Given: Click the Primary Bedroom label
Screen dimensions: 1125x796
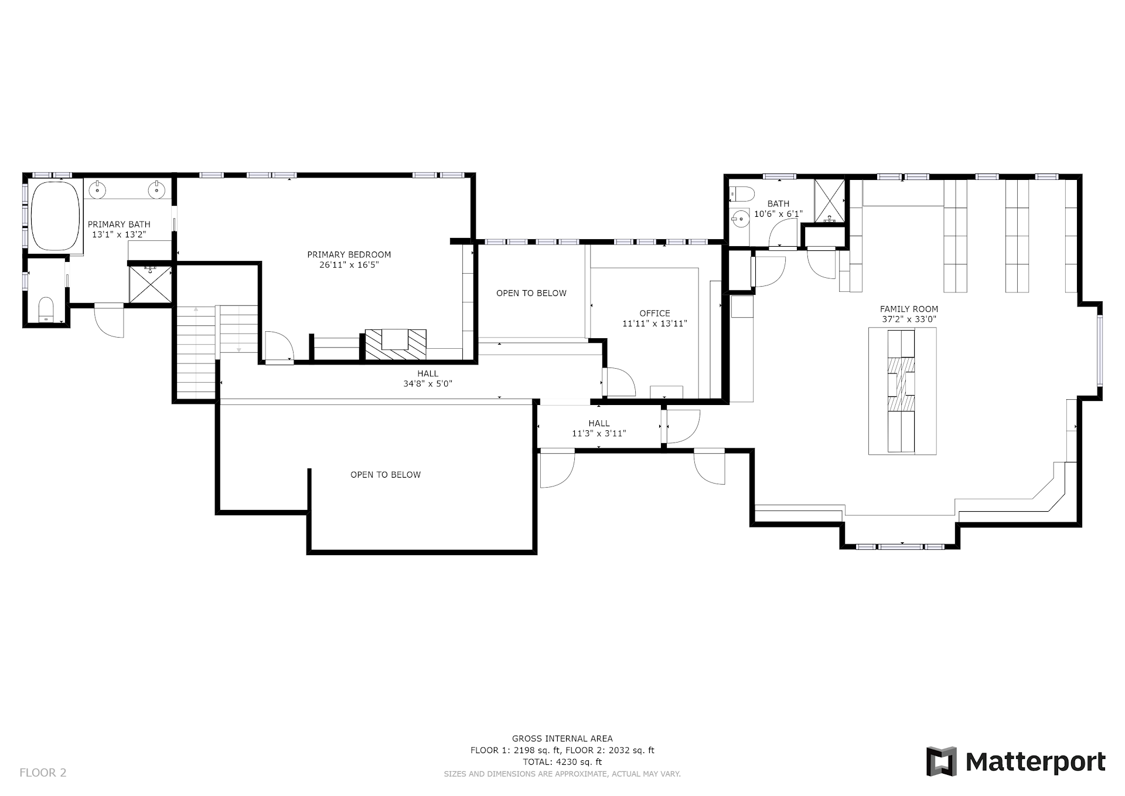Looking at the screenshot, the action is (x=349, y=254).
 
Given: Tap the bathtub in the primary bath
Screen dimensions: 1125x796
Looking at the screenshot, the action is (x=55, y=216).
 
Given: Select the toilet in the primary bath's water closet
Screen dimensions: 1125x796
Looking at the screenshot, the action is (x=46, y=309).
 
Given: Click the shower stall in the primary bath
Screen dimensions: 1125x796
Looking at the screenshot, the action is (x=151, y=284).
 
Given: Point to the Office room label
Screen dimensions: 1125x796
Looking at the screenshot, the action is (x=654, y=313).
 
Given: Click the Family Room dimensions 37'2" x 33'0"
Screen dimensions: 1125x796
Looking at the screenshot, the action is (x=909, y=319).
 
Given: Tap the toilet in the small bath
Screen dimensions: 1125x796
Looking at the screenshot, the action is (x=742, y=193).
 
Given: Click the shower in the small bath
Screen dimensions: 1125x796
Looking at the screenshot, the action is (x=830, y=201).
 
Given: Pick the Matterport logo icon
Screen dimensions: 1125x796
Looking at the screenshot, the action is (x=941, y=761).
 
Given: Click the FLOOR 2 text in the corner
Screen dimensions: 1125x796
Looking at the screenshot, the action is (x=43, y=773).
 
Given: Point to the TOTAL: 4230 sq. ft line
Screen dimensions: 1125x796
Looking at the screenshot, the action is (x=562, y=762).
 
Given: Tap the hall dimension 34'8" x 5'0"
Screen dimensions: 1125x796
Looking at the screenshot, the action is (x=428, y=384).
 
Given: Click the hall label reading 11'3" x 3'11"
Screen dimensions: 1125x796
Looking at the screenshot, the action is (x=599, y=434).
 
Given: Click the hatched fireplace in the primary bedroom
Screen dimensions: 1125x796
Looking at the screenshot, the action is (x=396, y=344).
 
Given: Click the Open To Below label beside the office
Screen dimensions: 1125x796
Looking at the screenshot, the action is (x=531, y=293).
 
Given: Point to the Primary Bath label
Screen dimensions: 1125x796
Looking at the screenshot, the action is (x=119, y=224).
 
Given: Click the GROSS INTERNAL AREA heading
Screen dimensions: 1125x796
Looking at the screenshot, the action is (x=562, y=739).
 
